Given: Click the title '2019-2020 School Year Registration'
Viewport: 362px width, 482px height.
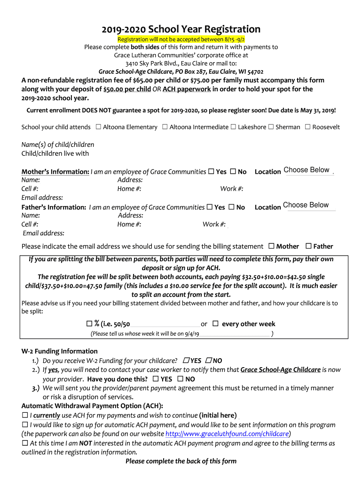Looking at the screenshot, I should tap(181, 29).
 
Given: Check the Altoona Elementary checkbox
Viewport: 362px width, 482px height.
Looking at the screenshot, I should tap(98, 127).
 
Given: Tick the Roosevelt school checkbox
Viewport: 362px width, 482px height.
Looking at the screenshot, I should tap(307, 127).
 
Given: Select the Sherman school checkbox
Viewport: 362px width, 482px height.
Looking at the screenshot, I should tap(271, 127).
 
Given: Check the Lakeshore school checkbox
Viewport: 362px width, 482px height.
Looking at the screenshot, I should tap(233, 127).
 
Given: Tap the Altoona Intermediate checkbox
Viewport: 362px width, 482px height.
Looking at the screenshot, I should tap(165, 127).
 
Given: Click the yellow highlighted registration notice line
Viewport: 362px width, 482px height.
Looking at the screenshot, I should tap(181, 39).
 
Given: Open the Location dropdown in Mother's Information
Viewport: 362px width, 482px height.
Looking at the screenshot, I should tap(308, 170).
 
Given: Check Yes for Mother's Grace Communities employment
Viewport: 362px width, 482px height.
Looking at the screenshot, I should tap(211, 172).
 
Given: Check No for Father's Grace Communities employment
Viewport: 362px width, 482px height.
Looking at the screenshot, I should tap(231, 207).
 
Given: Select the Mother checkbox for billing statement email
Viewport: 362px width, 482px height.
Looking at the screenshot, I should tap(271, 246).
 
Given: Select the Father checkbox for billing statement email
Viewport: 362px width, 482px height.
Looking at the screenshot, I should tap(308, 246).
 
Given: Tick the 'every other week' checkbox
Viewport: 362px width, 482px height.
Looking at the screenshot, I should tap(215, 324).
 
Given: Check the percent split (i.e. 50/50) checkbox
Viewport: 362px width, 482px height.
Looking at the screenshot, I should tap(89, 324).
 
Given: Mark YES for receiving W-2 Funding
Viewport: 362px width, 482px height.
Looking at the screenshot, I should tap(186, 361).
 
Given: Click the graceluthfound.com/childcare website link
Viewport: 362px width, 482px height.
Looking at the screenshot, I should tap(227, 434).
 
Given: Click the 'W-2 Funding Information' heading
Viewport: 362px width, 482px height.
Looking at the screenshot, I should tap(60, 351).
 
